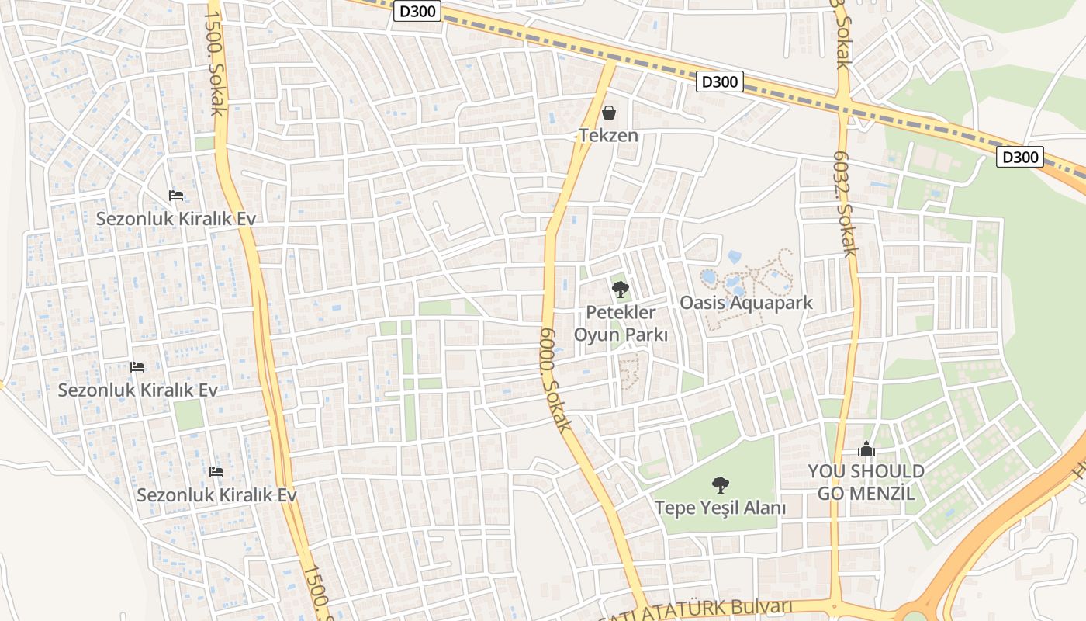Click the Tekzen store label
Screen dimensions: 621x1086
click(x=608, y=136)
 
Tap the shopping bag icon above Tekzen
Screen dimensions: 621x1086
click(x=609, y=113)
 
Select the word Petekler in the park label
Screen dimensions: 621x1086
click(x=621, y=313)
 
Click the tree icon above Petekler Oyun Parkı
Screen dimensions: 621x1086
click(x=620, y=290)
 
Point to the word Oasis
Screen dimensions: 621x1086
click(x=704, y=303)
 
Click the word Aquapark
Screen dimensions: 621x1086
click(x=771, y=303)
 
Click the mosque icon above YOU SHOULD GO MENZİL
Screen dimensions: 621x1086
click(x=866, y=449)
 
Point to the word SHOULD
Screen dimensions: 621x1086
click(x=890, y=472)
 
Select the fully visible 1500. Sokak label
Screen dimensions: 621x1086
click(x=216, y=62)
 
